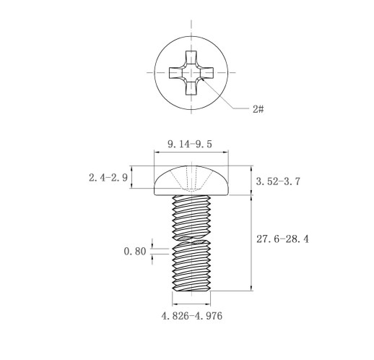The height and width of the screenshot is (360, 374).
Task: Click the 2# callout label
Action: [258, 109]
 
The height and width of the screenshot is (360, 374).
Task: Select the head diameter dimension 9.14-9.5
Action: [190, 144]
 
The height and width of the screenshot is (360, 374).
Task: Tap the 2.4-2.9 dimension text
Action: [108, 178]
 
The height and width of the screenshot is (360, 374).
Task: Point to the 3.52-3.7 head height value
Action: [278, 181]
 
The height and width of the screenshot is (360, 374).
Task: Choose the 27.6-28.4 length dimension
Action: [282, 239]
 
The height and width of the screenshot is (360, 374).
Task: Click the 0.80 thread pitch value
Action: [135, 252]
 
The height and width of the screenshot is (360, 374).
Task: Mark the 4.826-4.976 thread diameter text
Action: [192, 316]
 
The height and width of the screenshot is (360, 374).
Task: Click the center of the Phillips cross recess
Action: [191, 73]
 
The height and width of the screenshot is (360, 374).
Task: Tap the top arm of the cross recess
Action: [191, 57]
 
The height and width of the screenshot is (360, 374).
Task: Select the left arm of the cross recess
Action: [175, 73]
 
